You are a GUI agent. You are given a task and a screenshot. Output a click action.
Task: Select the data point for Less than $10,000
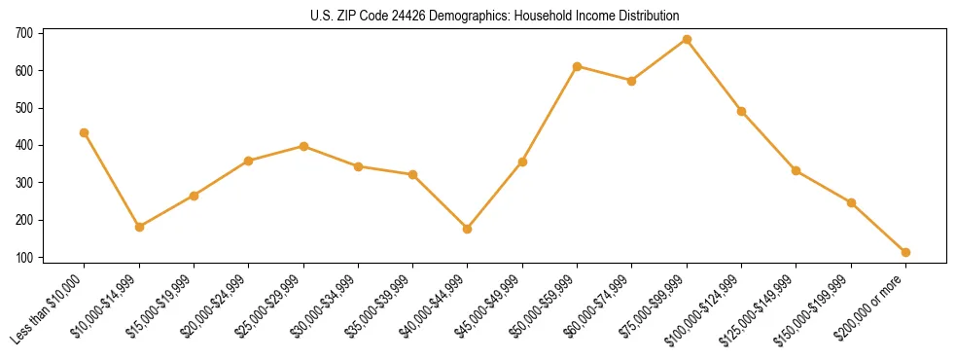click(85, 132)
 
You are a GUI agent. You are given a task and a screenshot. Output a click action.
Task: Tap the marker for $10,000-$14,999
click(139, 227)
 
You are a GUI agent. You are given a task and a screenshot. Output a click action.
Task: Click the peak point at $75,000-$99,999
click(687, 40)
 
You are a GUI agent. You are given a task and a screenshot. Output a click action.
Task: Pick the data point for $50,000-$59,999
click(577, 66)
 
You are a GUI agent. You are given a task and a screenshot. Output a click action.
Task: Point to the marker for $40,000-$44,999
click(468, 229)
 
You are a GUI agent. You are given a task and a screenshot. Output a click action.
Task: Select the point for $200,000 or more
click(905, 252)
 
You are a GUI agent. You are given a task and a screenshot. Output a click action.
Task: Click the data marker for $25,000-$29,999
click(303, 146)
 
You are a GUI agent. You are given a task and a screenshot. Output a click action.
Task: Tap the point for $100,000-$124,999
click(741, 111)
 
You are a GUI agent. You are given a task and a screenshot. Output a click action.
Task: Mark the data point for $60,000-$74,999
click(632, 81)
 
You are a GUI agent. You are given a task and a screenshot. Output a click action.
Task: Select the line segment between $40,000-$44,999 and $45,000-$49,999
click(495, 196)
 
